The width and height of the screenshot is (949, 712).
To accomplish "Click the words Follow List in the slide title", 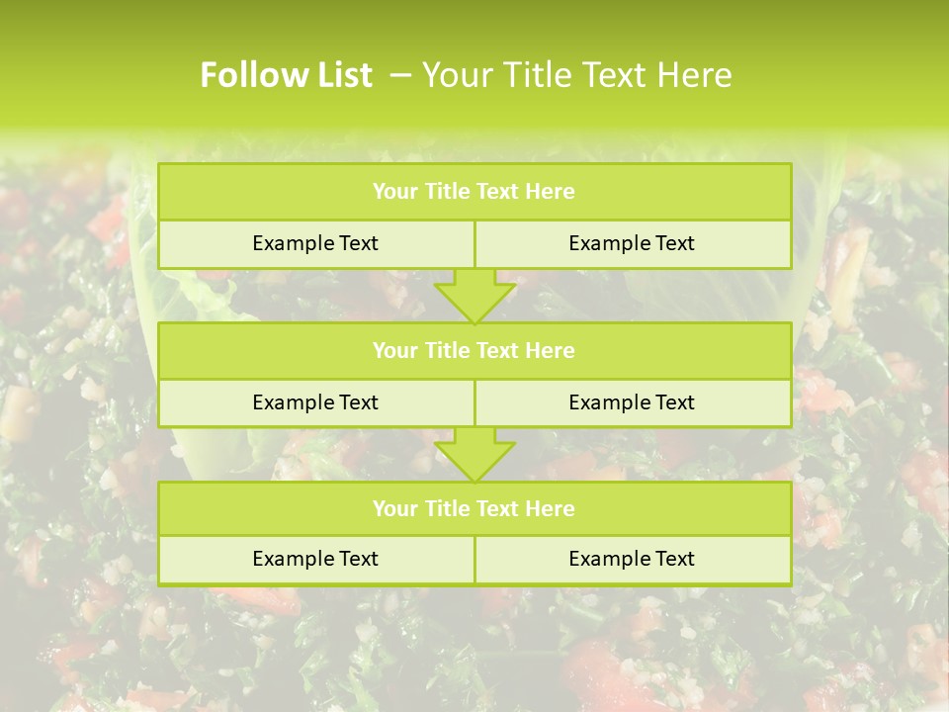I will click(x=286, y=75).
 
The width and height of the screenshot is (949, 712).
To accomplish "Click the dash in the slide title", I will click(x=400, y=75).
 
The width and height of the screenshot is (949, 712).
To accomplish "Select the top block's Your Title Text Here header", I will click(x=474, y=192).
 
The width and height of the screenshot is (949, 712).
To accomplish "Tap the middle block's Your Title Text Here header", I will click(x=474, y=350).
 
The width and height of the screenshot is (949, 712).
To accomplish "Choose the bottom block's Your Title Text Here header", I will click(x=474, y=508).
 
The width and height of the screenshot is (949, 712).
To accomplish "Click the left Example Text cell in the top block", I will click(x=315, y=243).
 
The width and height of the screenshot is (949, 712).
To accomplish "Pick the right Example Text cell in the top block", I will click(x=632, y=243).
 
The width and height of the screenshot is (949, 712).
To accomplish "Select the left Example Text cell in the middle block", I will click(x=315, y=402).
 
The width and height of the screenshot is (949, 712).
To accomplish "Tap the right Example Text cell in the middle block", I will click(x=632, y=402).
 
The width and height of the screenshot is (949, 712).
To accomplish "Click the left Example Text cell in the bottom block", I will click(x=315, y=559).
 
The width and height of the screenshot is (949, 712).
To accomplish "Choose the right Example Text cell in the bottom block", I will click(x=632, y=559).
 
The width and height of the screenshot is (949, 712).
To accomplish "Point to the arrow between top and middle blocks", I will click(x=474, y=296).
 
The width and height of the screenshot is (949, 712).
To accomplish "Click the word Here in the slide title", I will click(x=696, y=75).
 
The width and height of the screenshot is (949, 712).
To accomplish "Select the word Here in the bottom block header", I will click(x=550, y=508).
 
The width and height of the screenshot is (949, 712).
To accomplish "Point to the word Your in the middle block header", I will click(x=395, y=350).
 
